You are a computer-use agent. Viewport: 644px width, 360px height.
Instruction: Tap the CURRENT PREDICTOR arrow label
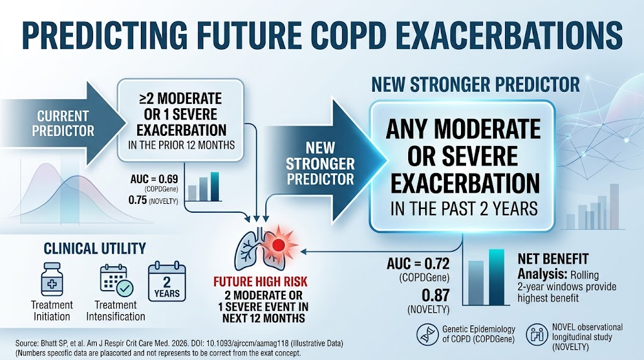point(63,123)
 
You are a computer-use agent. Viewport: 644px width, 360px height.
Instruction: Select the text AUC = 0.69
point(154,179)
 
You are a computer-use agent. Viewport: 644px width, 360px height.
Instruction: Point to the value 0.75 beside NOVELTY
point(138,200)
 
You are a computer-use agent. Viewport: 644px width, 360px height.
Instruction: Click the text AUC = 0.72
point(418,264)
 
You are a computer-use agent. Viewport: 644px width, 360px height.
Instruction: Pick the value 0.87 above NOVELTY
point(435,295)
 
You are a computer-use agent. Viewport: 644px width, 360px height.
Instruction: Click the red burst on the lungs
point(279,245)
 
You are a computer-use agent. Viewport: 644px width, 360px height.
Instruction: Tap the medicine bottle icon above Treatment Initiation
point(52,279)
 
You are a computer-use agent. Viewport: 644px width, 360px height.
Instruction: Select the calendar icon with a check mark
point(116,280)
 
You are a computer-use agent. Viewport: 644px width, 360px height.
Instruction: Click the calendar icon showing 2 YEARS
point(167,282)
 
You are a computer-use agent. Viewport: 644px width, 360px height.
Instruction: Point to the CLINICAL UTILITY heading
point(95,249)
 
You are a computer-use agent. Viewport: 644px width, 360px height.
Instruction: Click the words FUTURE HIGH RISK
point(260,281)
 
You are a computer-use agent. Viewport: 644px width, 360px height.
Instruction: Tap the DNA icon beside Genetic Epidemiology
point(427,335)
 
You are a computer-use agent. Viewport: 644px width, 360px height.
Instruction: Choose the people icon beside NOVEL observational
point(537,335)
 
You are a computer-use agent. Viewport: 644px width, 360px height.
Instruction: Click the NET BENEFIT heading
point(553,259)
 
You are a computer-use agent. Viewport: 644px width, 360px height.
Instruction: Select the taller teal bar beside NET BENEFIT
point(497,277)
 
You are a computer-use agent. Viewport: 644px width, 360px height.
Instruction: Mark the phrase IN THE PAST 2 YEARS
point(464,208)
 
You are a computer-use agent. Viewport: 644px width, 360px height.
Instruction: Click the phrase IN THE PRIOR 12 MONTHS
point(182,145)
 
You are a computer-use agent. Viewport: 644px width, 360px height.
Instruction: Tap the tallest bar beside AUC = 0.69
point(215,186)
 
